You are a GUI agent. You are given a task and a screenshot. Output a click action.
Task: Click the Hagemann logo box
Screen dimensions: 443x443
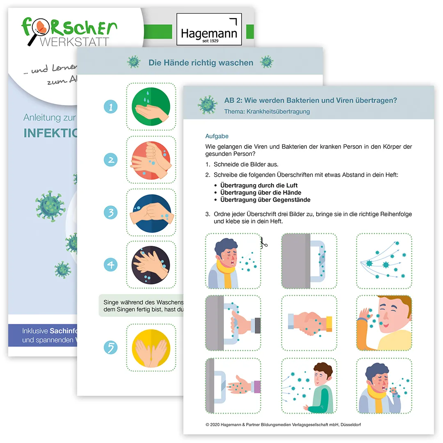(209, 30)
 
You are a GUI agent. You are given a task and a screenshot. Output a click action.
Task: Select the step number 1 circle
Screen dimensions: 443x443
(111, 107)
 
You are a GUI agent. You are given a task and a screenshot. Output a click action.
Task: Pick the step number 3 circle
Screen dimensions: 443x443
(111, 212)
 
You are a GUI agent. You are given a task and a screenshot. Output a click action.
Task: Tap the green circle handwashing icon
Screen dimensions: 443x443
(151, 107)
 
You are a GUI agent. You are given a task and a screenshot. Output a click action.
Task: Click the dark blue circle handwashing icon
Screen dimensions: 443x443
(151, 212)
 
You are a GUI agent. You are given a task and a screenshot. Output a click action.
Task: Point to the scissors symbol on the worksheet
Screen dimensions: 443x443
(263, 244)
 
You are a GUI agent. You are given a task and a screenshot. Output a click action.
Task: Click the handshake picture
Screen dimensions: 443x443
(309, 323)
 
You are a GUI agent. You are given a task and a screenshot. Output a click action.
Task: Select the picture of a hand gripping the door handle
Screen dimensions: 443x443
(233, 323)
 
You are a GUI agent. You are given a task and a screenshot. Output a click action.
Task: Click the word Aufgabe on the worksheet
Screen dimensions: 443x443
(217, 136)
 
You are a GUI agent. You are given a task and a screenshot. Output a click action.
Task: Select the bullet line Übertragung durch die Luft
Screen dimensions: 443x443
(259, 185)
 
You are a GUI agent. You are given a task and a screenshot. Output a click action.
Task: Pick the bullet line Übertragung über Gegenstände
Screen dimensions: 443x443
(265, 200)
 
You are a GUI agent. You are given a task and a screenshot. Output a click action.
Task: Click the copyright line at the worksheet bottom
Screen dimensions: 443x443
(283, 425)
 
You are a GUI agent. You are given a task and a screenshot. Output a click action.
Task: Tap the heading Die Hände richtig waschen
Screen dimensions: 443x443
(201, 63)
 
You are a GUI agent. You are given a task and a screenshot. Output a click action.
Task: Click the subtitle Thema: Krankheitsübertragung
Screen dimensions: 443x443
(267, 112)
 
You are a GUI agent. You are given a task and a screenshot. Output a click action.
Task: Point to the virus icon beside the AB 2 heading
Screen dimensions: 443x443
(208, 105)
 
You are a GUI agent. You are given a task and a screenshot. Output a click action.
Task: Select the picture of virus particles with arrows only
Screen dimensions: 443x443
(384, 261)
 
